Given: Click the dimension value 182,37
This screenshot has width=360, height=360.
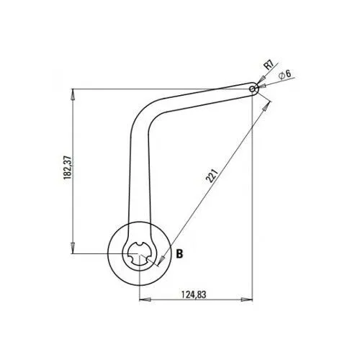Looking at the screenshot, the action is click(68, 168).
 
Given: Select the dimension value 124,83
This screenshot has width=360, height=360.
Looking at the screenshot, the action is click(194, 294).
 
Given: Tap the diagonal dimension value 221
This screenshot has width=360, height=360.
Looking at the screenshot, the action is click(212, 176).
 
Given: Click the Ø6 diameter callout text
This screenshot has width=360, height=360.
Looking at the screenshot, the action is click(285, 75).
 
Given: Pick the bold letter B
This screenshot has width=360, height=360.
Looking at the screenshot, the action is click(179, 253).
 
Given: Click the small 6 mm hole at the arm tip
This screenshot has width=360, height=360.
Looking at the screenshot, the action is click(252, 89).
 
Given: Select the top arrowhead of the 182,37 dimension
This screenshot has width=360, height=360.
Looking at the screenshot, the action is click(73, 94).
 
